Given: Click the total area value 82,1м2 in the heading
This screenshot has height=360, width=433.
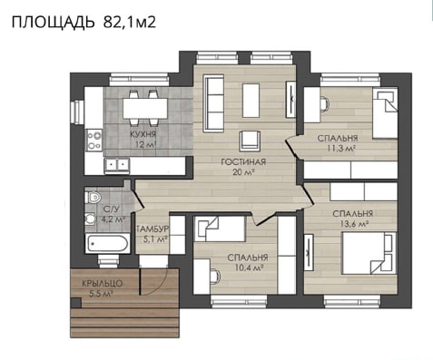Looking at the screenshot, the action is (130, 22).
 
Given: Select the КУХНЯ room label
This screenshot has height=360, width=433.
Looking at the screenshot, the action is (143, 134).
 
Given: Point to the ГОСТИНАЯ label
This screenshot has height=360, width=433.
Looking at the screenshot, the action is (243, 162).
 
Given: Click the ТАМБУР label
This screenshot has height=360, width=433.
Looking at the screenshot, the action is (152, 229).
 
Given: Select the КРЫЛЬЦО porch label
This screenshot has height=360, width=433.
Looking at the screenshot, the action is (103, 284).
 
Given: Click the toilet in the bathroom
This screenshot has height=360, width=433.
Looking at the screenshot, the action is (93, 198).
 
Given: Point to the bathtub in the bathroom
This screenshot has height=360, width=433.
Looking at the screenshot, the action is (107, 243).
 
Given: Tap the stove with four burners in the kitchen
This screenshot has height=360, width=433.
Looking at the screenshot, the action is (94, 140).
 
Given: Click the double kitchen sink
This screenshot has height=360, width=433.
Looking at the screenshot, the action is (116, 165).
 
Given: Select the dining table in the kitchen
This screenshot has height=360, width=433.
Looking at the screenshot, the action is (145, 108).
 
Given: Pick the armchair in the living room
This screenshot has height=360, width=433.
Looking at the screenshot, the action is (250, 141).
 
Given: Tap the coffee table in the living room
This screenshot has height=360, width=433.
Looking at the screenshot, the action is (251, 101).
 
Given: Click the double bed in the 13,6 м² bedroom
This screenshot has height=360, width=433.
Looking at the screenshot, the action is (369, 253).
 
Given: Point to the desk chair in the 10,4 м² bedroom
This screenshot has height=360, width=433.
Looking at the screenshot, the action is (215, 277).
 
